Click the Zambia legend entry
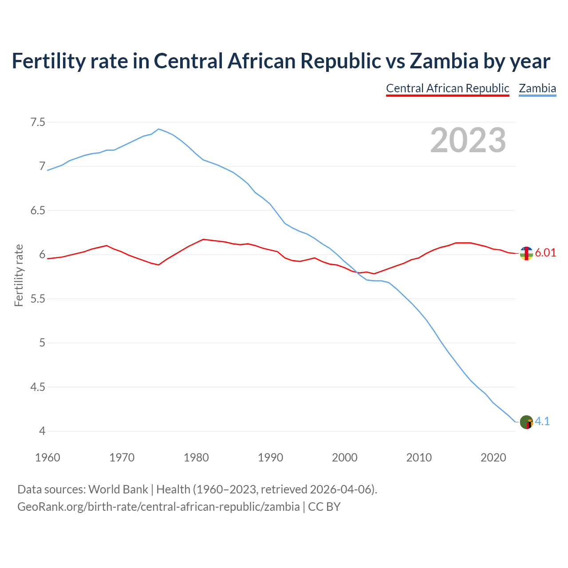pyautogui.click(x=537, y=88)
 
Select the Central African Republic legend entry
pyautogui.click(x=447, y=88)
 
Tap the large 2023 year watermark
pyautogui.click(x=468, y=140)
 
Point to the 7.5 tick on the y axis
pyautogui.click(x=38, y=122)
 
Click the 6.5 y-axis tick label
pyautogui.click(x=38, y=210)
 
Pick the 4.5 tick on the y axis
pyautogui.click(x=38, y=387)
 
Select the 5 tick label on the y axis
pyautogui.click(x=42, y=343)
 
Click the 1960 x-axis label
pyautogui.click(x=47, y=458)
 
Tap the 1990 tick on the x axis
pyautogui.click(x=270, y=458)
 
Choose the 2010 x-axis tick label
pyautogui.click(x=419, y=458)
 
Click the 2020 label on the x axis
pyautogui.click(x=493, y=458)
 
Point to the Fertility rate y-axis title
pyautogui.click(x=19, y=275)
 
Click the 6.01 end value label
pyautogui.click(x=545, y=253)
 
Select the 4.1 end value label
pyautogui.click(x=542, y=422)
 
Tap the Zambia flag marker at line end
pyautogui.click(x=526, y=422)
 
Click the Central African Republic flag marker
pyautogui.click(x=526, y=253)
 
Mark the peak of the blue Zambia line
pyautogui.click(x=159, y=129)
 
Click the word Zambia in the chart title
pyautogui.click(x=444, y=61)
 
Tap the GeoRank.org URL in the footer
pyautogui.click(x=158, y=507)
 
